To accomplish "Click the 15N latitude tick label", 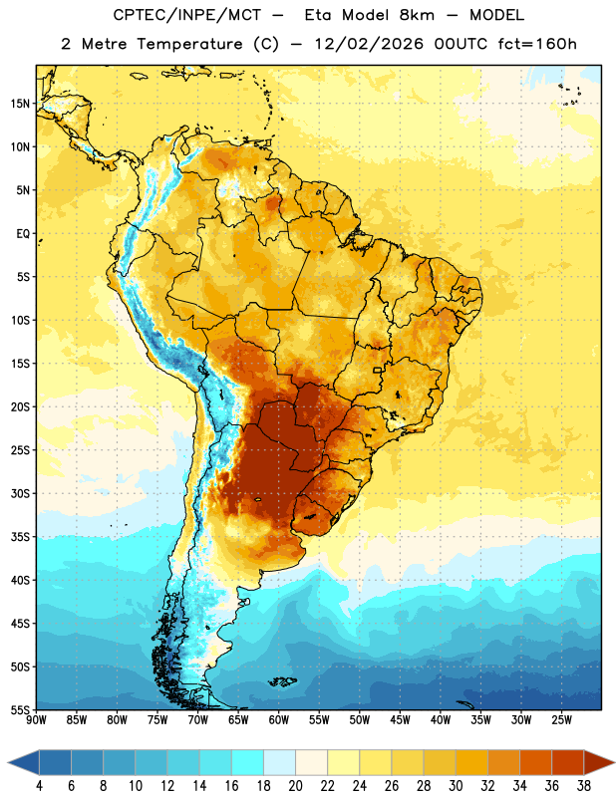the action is [20, 104].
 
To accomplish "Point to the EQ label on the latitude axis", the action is [23, 234].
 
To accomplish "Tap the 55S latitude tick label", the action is [20, 709].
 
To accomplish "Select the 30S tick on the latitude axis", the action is [20, 493].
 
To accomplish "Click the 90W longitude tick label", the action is [36, 719].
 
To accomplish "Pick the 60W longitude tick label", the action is [279, 719].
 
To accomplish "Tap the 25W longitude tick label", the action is [561, 719].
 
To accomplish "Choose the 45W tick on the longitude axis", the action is [400, 719].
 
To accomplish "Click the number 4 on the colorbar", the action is [39, 786].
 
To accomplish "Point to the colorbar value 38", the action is [584, 786].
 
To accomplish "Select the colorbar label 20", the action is [295, 786].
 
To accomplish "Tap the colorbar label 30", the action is [456, 786].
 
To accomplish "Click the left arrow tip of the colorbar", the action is [8, 762].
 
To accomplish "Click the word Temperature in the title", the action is [189, 44].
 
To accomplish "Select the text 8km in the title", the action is [417, 15].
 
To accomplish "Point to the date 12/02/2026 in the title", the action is [369, 44].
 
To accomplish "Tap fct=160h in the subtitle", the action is [537, 44].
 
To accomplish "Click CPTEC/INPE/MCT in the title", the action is [187, 15].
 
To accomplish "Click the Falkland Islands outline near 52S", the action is [282, 681].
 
